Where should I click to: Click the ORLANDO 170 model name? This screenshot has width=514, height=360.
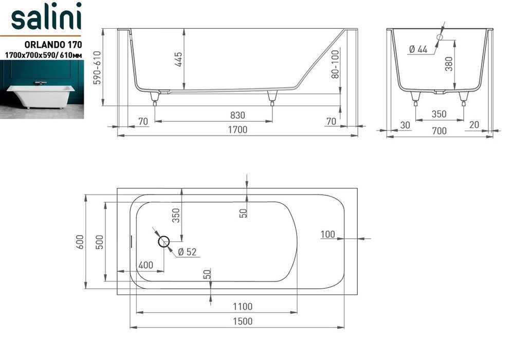point(53,45)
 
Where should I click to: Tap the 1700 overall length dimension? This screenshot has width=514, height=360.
point(237,130)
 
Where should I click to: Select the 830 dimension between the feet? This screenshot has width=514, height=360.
point(237,116)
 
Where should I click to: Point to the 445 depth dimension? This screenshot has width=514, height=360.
point(178,59)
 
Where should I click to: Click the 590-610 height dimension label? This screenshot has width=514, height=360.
point(97,67)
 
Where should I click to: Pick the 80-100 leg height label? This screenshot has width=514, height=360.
point(335,64)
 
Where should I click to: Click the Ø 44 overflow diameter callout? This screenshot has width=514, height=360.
point(418,49)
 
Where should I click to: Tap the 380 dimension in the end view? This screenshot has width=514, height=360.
point(449,64)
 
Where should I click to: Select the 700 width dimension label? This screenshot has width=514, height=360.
point(439,131)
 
